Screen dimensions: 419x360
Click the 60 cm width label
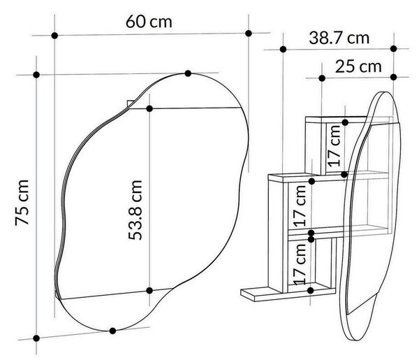point(149,22)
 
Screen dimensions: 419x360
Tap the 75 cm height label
point(22,203)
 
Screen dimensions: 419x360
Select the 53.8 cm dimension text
point(135,210)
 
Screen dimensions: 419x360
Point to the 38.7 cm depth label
point(339,38)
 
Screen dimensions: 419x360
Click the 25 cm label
point(358,66)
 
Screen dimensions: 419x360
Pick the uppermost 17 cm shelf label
point(335,146)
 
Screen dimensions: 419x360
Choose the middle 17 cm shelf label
point(300,206)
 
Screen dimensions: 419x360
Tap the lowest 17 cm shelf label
point(300,264)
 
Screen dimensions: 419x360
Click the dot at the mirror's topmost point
point(188,73)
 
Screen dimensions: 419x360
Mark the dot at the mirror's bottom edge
point(112,331)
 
